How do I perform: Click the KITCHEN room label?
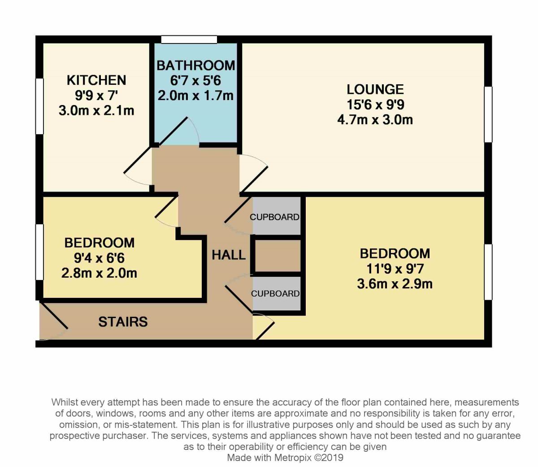[96, 80]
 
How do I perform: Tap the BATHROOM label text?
[196, 65]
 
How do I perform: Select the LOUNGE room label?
[375, 89]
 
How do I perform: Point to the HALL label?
[229, 255]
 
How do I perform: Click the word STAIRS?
[123, 322]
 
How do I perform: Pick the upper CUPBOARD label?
[274, 217]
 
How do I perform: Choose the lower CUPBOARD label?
[275, 294]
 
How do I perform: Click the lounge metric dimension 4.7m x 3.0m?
[375, 120]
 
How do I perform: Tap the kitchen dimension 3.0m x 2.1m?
[96, 111]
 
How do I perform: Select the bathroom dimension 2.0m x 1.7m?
[196, 96]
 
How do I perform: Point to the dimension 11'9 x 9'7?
[395, 269]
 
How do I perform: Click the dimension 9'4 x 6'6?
[100, 258]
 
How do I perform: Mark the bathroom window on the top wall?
[189, 39]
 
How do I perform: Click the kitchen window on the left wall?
[39, 106]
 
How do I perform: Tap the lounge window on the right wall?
[488, 114]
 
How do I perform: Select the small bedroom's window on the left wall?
[39, 252]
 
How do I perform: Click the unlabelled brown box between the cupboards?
[278, 255]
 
